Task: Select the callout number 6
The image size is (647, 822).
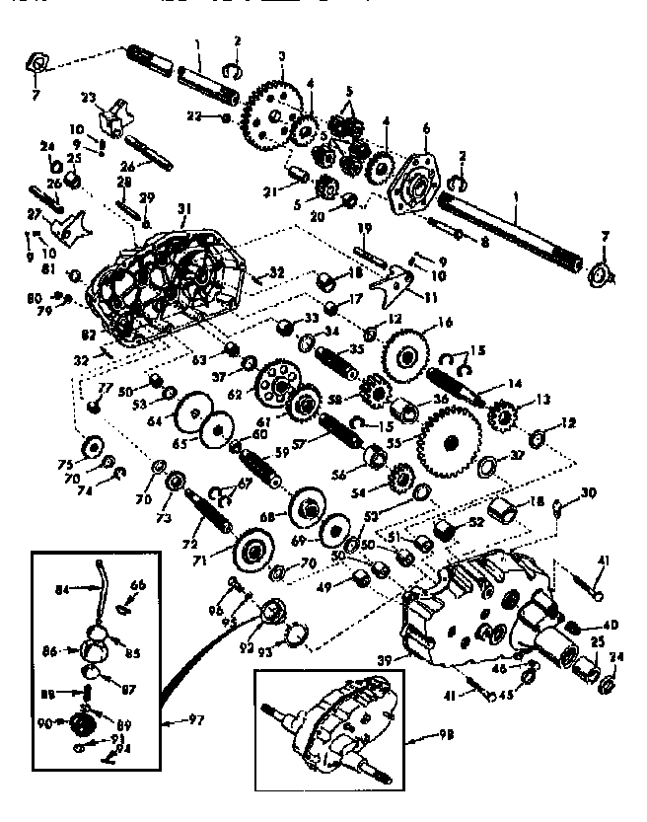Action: click(x=426, y=128)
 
